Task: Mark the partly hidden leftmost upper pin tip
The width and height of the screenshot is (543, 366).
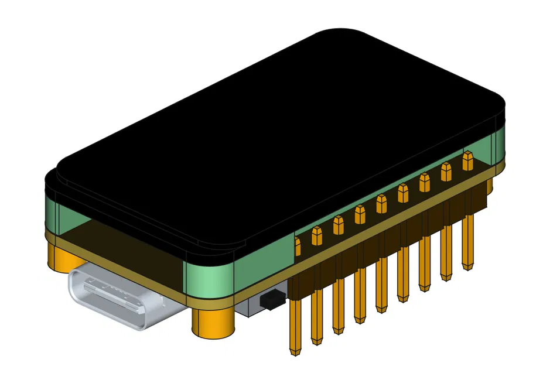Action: click(x=298, y=245)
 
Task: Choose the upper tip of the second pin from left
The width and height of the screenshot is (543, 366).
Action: click(x=317, y=235)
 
